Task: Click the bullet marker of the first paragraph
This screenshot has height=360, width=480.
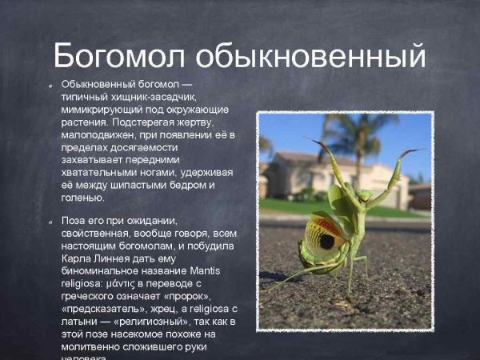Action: pyautogui.click(x=50, y=84)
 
